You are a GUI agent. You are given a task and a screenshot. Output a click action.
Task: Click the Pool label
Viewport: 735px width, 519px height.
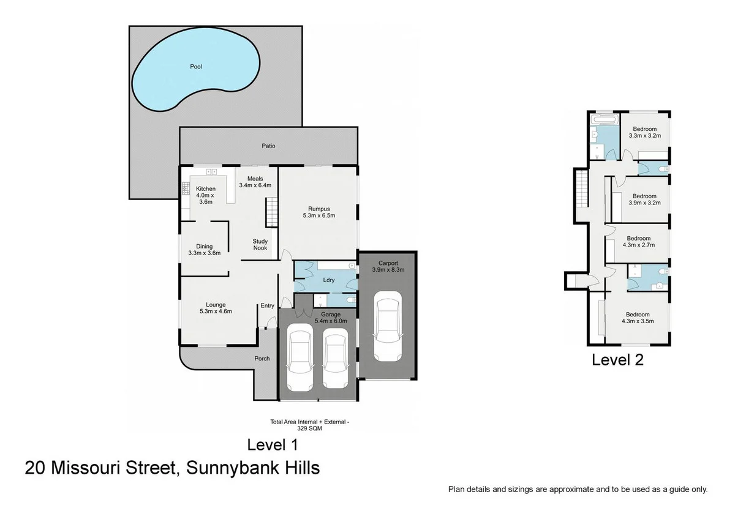click(196, 67)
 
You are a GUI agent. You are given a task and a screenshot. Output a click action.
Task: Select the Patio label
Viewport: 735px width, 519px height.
click(268, 146)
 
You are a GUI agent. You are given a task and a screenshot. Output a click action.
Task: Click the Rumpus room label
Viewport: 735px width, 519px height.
click(319, 212)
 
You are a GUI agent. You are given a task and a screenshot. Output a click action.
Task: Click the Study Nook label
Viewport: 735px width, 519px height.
click(260, 245)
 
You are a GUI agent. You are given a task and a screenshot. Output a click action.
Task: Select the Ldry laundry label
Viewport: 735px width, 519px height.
click(328, 280)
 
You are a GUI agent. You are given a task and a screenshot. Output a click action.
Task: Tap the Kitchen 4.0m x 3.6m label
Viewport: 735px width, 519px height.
click(206, 195)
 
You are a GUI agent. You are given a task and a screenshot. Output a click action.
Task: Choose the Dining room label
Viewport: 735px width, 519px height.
click(204, 249)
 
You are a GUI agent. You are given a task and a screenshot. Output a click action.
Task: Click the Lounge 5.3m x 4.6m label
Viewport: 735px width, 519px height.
click(216, 308)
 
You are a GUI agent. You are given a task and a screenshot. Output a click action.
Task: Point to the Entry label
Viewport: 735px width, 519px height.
click(268, 305)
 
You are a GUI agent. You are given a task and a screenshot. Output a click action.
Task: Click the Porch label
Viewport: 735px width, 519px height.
click(262, 359)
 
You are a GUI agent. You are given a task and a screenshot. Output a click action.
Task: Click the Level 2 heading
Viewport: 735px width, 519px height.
click(617, 360)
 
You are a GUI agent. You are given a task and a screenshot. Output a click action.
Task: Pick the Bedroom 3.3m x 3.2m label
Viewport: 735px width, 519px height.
click(645, 132)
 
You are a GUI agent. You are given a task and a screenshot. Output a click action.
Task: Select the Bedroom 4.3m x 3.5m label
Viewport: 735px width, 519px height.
click(638, 316)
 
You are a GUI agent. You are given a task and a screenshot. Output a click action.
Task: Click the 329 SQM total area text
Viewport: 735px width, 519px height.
click(309, 428)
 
